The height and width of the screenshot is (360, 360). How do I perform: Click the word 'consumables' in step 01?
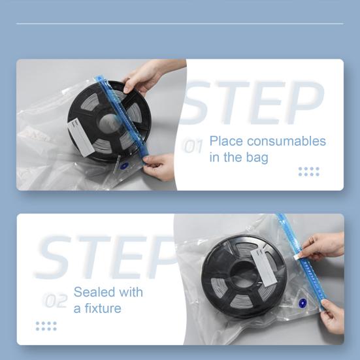click(x=286, y=141)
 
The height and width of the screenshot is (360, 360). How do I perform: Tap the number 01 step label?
click(x=192, y=146)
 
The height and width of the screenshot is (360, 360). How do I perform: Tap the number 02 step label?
click(x=56, y=301)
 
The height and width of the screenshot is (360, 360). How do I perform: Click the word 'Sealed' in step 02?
click(x=94, y=292)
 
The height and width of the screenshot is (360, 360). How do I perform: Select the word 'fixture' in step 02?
click(x=103, y=308)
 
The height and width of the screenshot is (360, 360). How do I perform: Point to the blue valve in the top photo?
click(x=124, y=166)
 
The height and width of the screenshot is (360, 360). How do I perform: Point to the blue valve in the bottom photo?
click(x=303, y=303)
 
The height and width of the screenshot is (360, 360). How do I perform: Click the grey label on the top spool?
click(x=81, y=137)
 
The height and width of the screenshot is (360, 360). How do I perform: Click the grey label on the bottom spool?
click(x=263, y=267)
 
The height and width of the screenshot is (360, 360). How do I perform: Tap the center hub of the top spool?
click(x=109, y=123)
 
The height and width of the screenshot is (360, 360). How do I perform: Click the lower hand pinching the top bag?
click(x=158, y=167)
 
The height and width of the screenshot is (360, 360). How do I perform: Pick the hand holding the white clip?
click(x=322, y=247)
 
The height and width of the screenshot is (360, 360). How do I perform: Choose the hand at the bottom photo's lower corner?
click(x=332, y=316)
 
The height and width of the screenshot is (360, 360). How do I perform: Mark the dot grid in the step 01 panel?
click(x=309, y=171)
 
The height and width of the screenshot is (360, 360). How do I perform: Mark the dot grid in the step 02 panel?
click(x=46, y=326)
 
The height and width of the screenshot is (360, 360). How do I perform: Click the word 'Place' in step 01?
click(x=226, y=141)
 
